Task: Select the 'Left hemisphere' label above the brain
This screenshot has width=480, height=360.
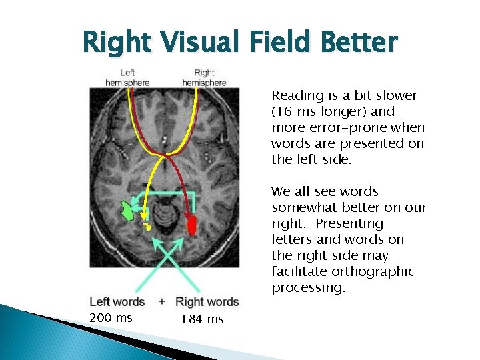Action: (127, 77)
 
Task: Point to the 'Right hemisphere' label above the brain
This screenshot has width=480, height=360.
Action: (204, 77)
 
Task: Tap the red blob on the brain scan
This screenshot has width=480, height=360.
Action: (193, 225)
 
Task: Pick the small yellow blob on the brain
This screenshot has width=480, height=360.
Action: (149, 227)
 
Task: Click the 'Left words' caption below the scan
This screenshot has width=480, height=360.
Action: (117, 302)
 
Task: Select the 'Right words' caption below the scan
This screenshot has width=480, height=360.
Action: (207, 302)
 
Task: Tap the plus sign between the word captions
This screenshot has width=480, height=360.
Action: (162, 302)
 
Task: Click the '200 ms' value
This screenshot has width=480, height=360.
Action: (111, 318)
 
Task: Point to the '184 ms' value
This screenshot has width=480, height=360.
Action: (202, 319)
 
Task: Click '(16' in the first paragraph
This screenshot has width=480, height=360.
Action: (282, 111)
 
